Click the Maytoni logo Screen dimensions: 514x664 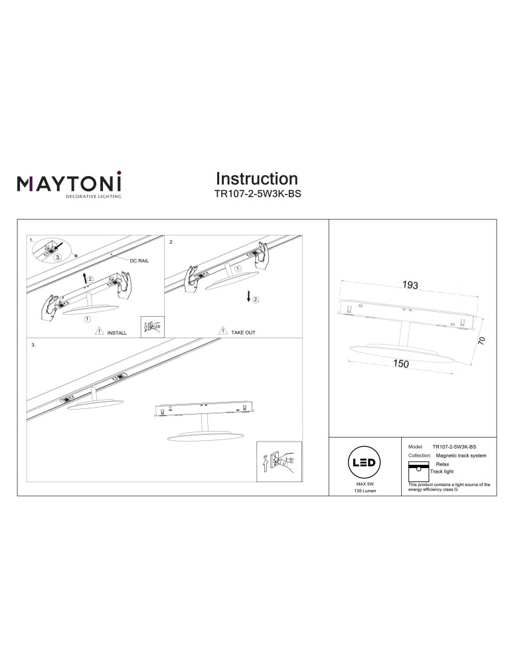69,184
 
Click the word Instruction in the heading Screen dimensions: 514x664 257,179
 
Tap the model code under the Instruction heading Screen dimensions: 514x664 258,195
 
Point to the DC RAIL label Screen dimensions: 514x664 139,261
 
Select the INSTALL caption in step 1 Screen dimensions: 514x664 117,333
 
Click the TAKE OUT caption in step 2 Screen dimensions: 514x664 243,333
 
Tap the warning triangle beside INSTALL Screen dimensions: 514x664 99,331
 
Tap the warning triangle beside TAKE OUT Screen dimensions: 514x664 222,330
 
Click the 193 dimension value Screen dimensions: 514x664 410,285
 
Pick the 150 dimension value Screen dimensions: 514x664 400,363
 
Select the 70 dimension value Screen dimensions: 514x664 481,341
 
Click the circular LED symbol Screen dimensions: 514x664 364,462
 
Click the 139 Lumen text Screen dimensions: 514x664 365,491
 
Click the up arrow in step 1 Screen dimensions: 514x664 85,278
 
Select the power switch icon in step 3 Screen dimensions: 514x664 279,461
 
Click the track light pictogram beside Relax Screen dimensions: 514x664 418,471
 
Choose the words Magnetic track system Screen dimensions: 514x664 461,456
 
